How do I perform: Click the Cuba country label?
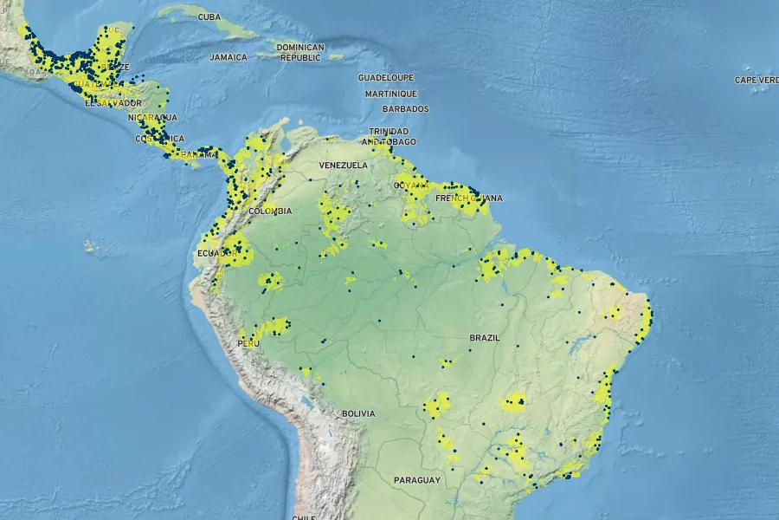209,16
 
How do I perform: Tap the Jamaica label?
228,57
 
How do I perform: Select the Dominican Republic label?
300,52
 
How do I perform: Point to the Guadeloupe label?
386,77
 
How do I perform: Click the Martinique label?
390,94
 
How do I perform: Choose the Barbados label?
405,109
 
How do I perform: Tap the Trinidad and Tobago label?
389,136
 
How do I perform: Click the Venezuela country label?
344,165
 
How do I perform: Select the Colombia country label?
270,211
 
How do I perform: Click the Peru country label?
248,343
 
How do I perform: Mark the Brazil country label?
485,337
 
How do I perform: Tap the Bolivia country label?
358,413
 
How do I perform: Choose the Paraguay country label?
417,479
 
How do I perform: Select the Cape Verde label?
756,80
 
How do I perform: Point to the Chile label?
303,517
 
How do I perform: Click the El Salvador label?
113,102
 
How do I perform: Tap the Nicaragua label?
152,117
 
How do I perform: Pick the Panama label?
201,153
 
